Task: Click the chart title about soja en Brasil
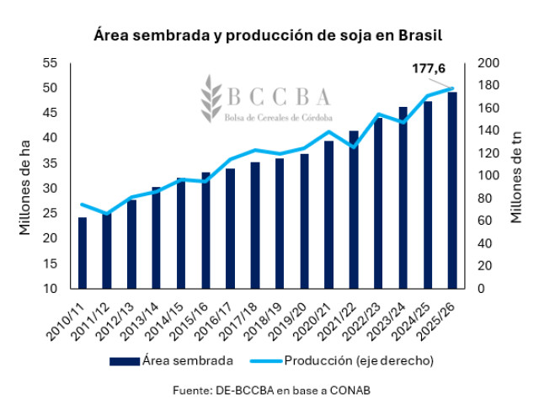(x=269, y=37)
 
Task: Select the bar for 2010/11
(x=83, y=253)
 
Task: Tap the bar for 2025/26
(x=452, y=190)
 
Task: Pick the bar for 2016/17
(x=230, y=228)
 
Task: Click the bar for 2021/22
(x=354, y=210)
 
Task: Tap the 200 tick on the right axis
(x=488, y=63)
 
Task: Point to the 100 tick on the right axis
(x=488, y=176)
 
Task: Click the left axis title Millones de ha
(x=26, y=176)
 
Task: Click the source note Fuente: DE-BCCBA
(x=269, y=390)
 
